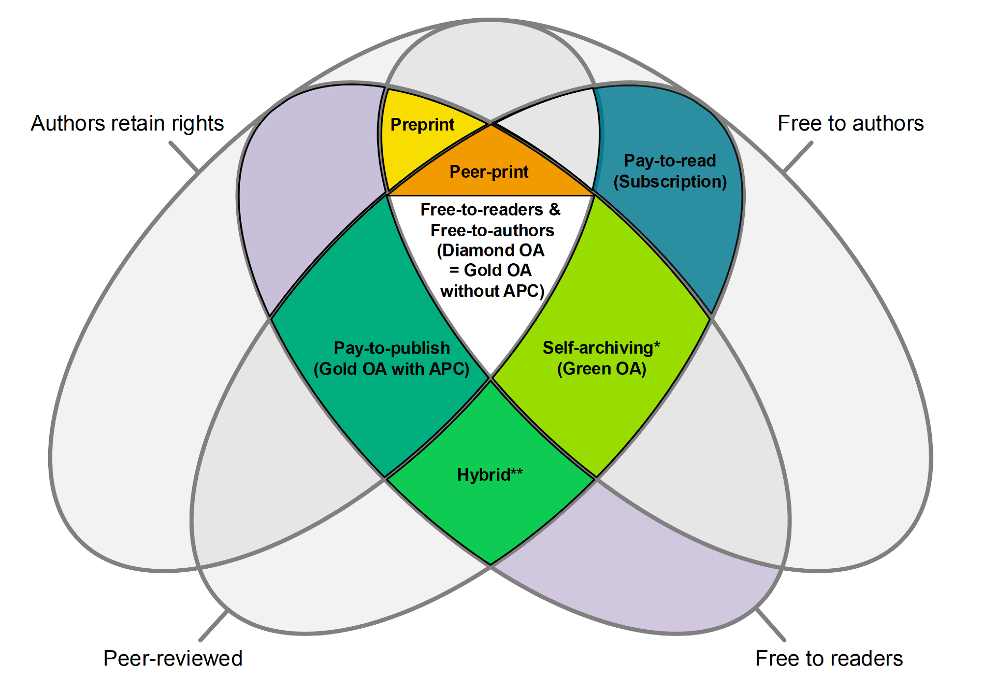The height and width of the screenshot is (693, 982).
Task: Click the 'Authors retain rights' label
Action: click(127, 123)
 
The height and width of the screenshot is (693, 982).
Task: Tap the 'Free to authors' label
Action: click(850, 123)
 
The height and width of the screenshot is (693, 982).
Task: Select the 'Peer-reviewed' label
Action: click(173, 659)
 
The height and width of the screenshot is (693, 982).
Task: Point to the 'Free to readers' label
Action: click(829, 659)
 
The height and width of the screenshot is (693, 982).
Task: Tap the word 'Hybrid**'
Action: click(490, 475)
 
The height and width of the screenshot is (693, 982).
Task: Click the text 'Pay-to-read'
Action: click(670, 161)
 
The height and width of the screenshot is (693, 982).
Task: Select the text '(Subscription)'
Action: click(670, 182)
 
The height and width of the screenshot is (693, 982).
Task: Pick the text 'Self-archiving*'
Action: click(601, 348)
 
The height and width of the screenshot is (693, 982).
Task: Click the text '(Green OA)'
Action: click(601, 369)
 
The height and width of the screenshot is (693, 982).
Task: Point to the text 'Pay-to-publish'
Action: click(392, 348)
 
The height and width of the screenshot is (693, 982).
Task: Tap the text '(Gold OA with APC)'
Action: click(391, 369)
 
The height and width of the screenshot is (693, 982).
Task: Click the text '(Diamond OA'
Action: click(491, 250)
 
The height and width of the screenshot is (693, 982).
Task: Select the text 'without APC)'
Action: click(492, 291)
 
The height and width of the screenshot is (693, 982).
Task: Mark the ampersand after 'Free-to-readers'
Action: click(554, 210)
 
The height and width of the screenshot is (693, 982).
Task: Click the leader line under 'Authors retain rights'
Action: click(184, 157)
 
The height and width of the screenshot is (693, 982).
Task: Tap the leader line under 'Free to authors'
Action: click(798, 157)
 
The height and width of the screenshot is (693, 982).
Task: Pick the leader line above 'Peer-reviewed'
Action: click(214, 626)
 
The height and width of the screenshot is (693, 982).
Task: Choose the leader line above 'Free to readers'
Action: click(771, 625)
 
